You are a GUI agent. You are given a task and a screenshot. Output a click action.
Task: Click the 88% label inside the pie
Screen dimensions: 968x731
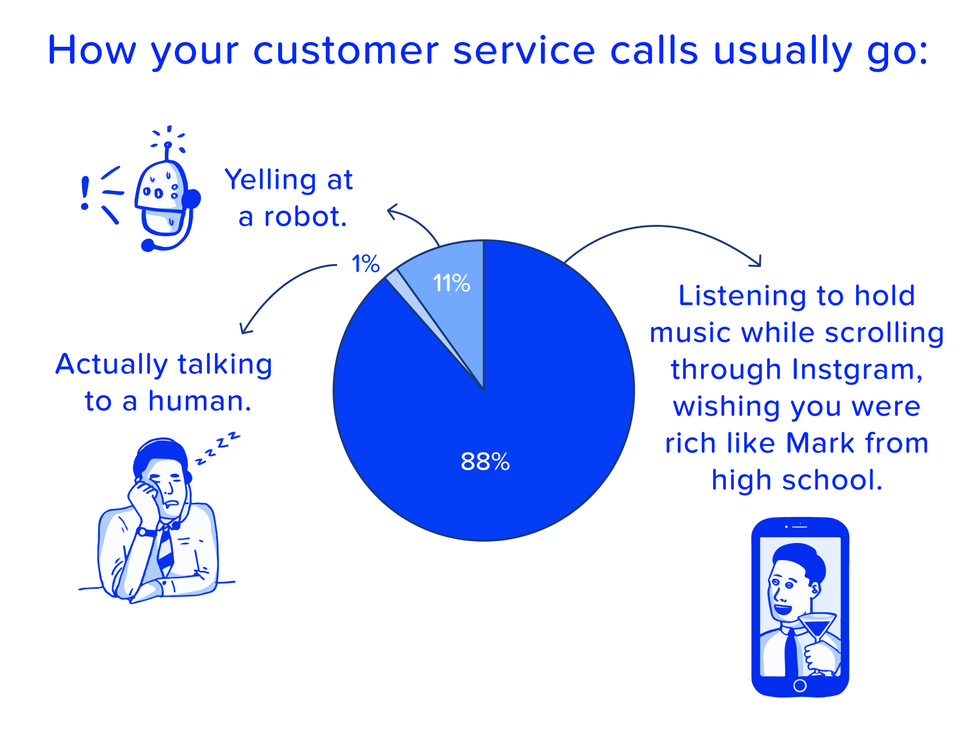click(x=485, y=462)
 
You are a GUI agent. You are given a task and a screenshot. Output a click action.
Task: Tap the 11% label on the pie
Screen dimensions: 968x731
click(x=451, y=283)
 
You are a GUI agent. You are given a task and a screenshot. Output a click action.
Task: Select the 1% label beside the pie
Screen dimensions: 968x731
click(x=365, y=263)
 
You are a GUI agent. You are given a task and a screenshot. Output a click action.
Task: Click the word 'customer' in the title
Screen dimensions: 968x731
click(x=346, y=50)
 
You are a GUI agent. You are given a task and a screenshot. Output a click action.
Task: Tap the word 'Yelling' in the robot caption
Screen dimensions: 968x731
click(x=270, y=181)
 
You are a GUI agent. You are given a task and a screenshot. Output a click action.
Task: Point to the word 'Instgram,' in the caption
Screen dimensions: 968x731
click(x=857, y=370)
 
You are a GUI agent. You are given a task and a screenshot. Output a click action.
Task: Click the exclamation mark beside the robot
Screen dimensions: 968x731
click(x=85, y=193)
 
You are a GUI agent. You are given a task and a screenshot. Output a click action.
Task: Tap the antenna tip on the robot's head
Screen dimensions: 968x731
click(x=168, y=145)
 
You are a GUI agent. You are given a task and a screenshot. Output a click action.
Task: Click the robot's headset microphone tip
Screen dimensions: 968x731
click(x=148, y=245)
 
